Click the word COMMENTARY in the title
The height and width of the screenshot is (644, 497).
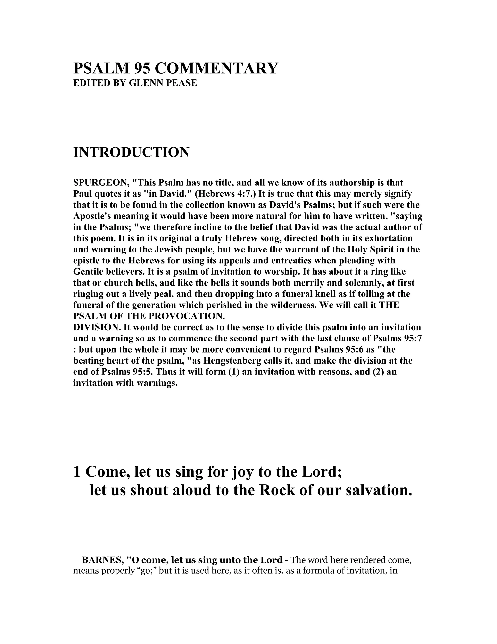click(x=216, y=69)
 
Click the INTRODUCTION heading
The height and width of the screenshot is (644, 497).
click(x=131, y=152)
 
